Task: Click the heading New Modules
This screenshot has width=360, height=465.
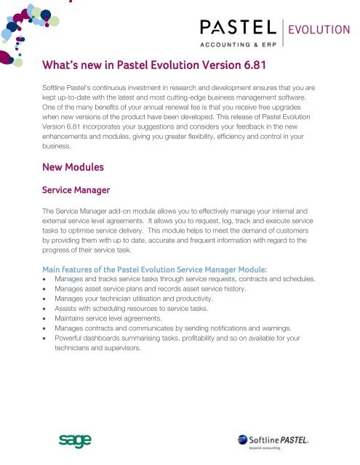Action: click(x=73, y=167)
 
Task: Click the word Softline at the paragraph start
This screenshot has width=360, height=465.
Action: click(x=58, y=86)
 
